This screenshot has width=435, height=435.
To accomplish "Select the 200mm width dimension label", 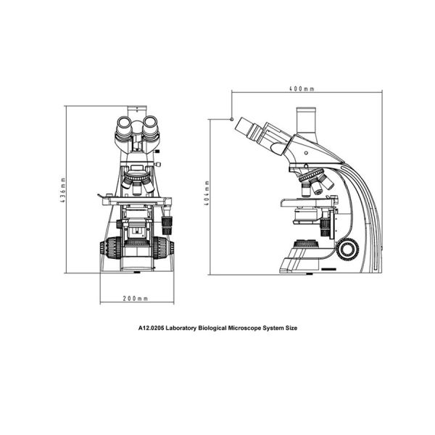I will (136, 298).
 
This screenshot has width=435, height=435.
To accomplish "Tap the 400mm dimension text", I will (301, 89).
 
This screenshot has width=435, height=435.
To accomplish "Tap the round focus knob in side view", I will (349, 249).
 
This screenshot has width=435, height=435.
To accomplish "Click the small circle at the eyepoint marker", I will (231, 118).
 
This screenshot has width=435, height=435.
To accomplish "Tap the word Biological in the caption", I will (218, 328).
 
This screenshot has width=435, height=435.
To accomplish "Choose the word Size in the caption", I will (290, 328).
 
